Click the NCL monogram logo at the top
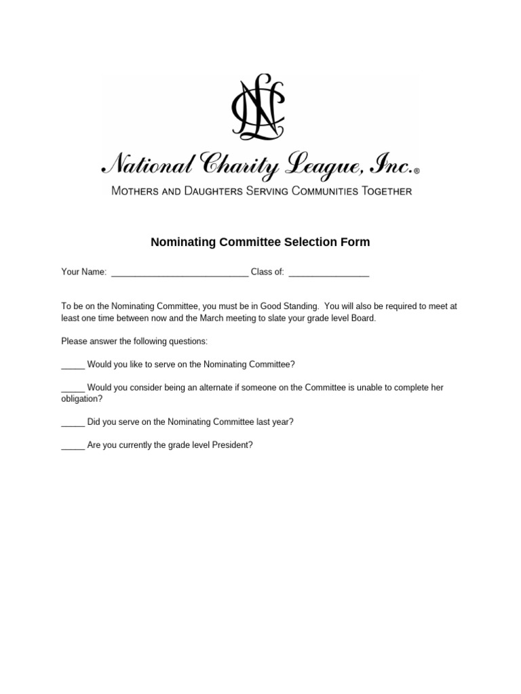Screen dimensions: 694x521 tap(260, 108)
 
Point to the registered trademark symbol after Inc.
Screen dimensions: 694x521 tap(417, 171)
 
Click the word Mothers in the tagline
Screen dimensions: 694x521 tap(139, 192)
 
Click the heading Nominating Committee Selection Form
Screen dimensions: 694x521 tap(260, 242)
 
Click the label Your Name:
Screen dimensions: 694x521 tap(84, 272)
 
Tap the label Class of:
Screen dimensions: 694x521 tap(267, 272)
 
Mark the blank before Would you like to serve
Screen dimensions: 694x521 tap(73, 366)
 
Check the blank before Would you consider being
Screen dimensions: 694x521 tap(73, 389)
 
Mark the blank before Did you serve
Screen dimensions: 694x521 tap(73, 423)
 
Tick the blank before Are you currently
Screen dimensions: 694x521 tap(73, 447)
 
